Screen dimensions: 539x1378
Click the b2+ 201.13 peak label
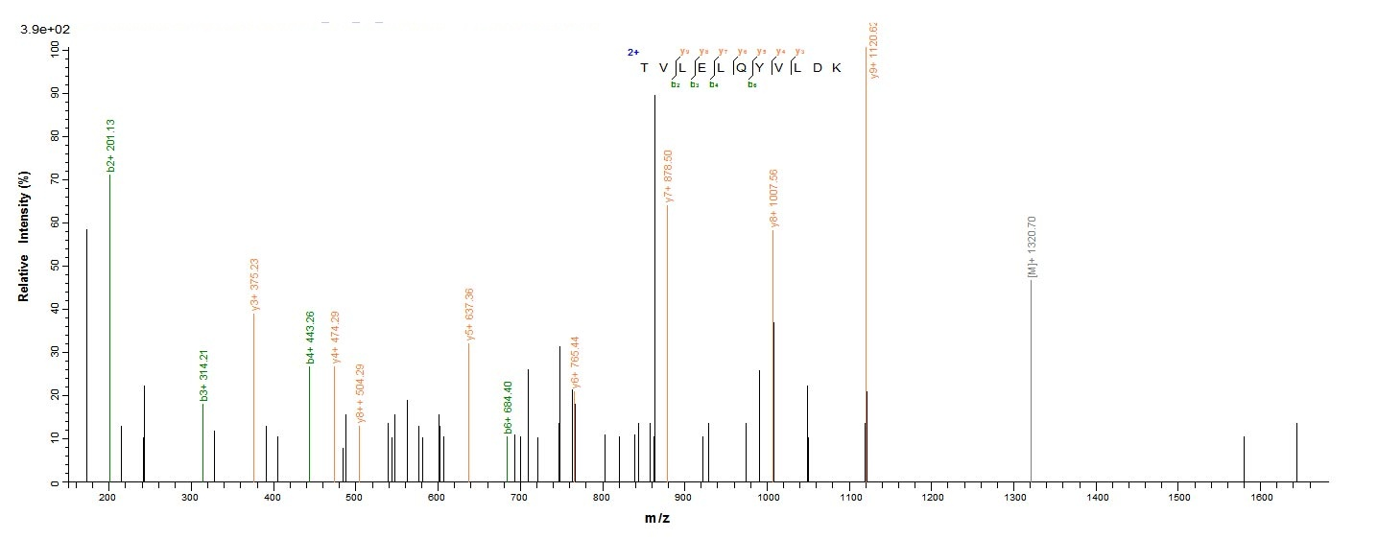(111, 146)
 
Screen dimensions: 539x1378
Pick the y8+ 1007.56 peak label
(773, 199)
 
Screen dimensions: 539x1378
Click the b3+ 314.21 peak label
(203, 375)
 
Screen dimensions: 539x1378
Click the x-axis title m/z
(657, 519)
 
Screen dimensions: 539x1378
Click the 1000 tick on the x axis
(767, 498)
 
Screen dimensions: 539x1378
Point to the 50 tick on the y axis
(54, 265)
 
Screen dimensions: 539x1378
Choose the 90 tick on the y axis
(54, 93)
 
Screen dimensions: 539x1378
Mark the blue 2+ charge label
(633, 53)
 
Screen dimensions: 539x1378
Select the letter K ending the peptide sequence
(835, 67)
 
